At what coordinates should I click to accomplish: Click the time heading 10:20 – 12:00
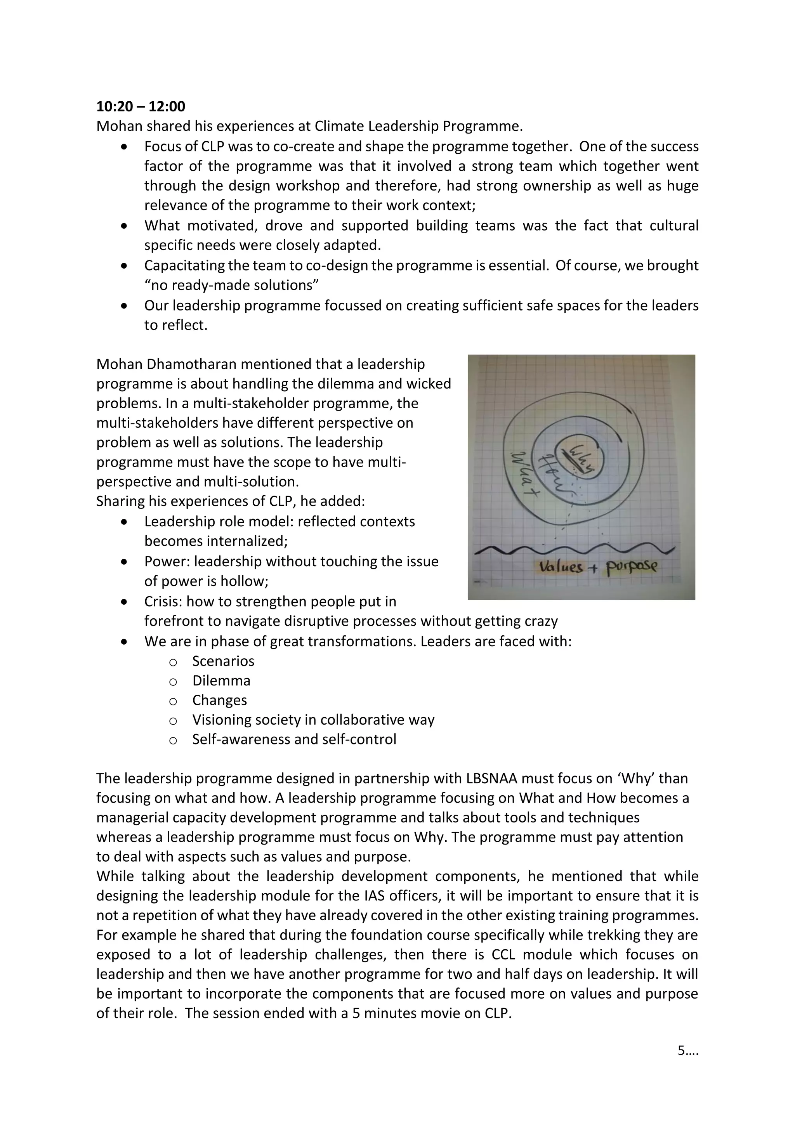141,106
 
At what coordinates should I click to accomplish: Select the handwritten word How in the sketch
553,475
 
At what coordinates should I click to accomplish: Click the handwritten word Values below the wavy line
561,567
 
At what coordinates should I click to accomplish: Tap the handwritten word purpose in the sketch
632,567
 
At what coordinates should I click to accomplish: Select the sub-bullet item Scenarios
223,661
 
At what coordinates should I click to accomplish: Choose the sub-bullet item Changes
219,700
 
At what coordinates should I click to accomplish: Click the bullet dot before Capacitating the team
125,266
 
